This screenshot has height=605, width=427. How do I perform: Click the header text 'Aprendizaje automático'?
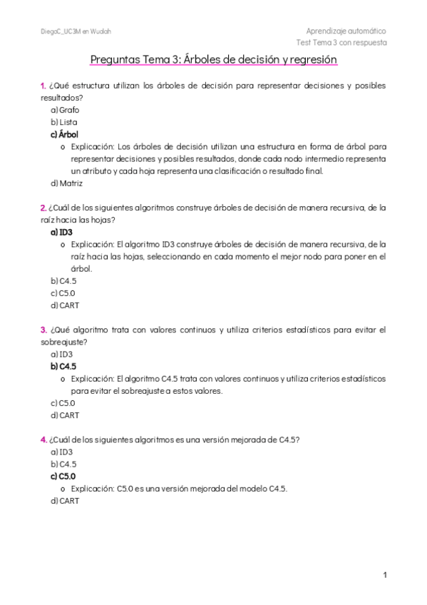tap(346, 31)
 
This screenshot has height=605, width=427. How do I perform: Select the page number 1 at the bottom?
tap(384, 575)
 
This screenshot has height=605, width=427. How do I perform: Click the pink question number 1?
tap(43, 86)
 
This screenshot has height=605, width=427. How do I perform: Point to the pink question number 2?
tap(43, 208)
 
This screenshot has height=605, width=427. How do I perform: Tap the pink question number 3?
tap(43, 330)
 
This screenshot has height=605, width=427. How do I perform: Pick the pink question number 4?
tap(43, 439)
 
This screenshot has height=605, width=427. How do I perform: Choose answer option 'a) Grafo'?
tap(65, 110)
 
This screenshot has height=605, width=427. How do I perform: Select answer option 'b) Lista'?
tap(64, 122)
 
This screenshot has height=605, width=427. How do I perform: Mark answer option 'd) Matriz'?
tap(66, 183)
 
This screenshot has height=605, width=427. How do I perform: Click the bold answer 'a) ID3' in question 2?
tap(61, 232)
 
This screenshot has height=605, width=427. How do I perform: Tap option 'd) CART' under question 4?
tap(65, 501)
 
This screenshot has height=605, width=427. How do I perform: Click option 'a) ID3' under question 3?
tap(61, 354)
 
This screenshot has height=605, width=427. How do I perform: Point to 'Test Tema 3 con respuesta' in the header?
tap(346, 43)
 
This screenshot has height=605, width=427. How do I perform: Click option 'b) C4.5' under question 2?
tap(63, 281)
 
